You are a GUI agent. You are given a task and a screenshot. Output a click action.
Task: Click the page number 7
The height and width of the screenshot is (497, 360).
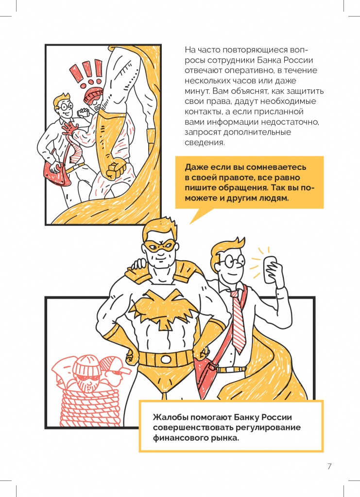(329, 466)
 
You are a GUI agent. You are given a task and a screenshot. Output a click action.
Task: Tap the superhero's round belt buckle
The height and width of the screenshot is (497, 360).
(165, 359)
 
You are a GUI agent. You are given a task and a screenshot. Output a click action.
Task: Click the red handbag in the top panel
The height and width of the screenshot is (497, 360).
(57, 174)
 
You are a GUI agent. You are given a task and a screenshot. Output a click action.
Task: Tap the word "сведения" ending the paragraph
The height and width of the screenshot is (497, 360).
(205, 143)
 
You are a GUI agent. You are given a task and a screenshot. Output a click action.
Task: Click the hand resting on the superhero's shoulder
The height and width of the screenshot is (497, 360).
(139, 264)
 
